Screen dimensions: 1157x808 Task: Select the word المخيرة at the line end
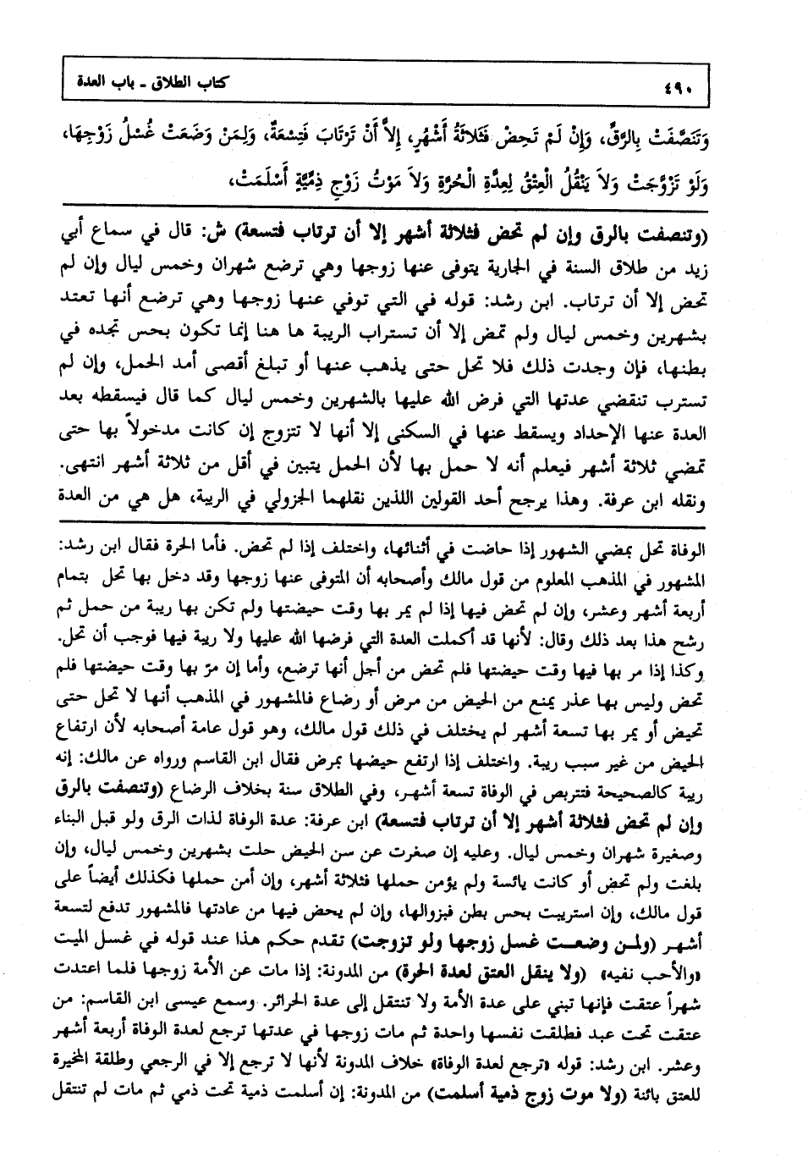pyautogui.click(x=89, y=1076)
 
